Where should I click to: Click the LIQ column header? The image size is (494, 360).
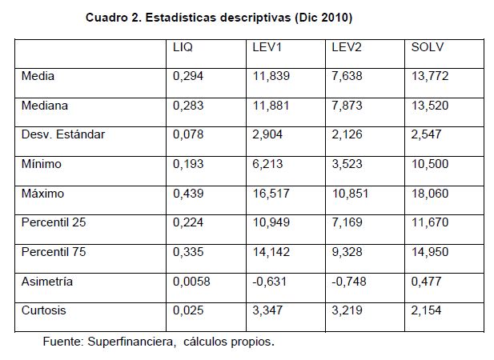(x=183, y=47)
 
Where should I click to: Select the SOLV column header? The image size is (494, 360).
(x=427, y=47)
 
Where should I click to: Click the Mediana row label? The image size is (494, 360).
(x=45, y=105)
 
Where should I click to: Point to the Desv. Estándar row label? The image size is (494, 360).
(x=63, y=134)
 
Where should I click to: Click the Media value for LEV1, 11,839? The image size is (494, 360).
(x=271, y=76)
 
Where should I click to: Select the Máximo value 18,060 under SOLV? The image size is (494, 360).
(x=430, y=193)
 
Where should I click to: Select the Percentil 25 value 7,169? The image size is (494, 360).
(x=347, y=222)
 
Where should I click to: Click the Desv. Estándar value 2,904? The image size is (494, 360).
(x=267, y=134)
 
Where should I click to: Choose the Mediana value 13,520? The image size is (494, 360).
(x=430, y=105)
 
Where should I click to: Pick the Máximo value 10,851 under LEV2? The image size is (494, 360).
(x=350, y=193)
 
